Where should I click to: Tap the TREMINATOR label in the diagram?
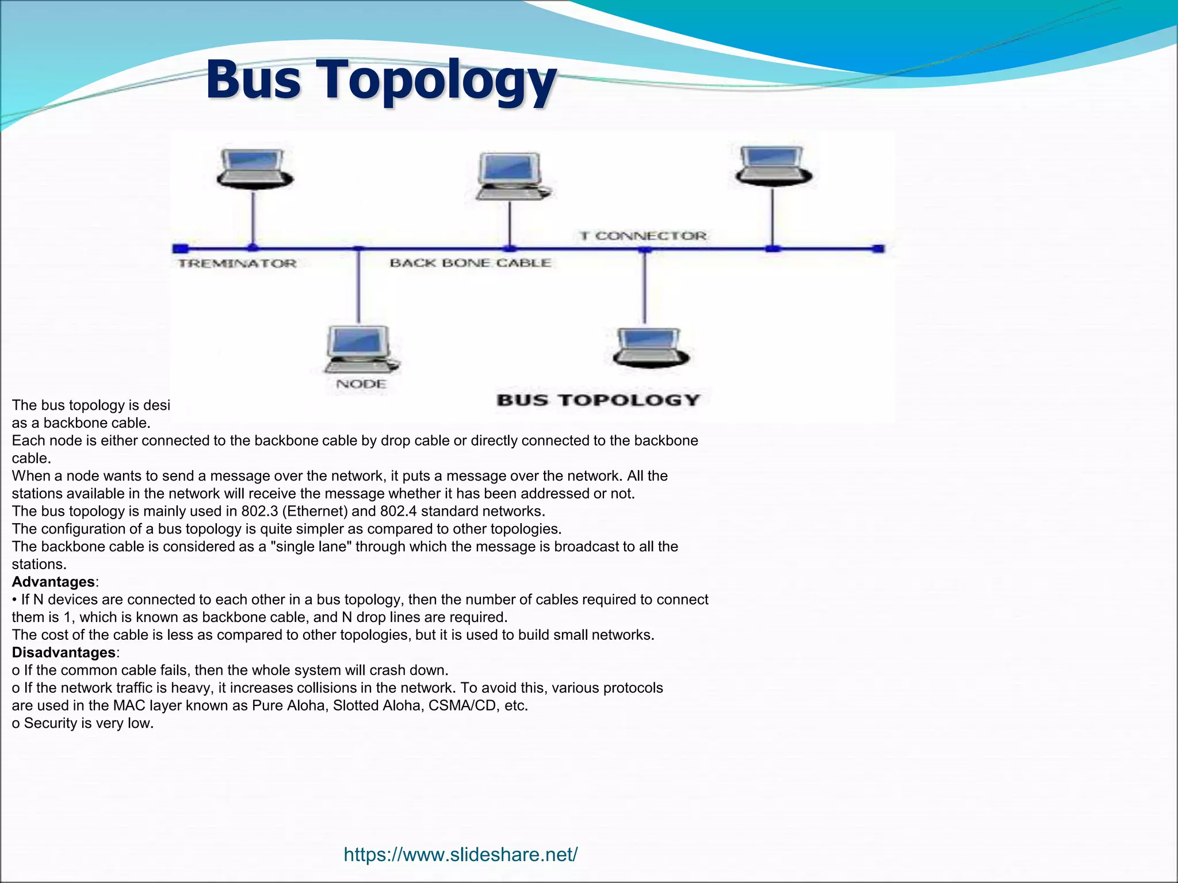point(237,264)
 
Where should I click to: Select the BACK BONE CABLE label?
point(470,263)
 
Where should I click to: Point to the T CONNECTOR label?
point(642,236)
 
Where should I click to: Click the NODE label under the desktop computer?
point(361,384)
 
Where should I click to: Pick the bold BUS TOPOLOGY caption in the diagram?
point(598,400)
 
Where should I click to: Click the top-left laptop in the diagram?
point(254,168)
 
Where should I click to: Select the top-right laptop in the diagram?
point(773,166)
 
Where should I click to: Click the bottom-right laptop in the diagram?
point(651,347)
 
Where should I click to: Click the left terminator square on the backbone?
point(180,248)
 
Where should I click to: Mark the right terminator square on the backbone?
point(878,248)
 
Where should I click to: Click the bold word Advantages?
point(53,582)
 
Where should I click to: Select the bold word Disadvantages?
point(64,652)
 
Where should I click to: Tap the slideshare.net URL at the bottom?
point(460,855)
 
